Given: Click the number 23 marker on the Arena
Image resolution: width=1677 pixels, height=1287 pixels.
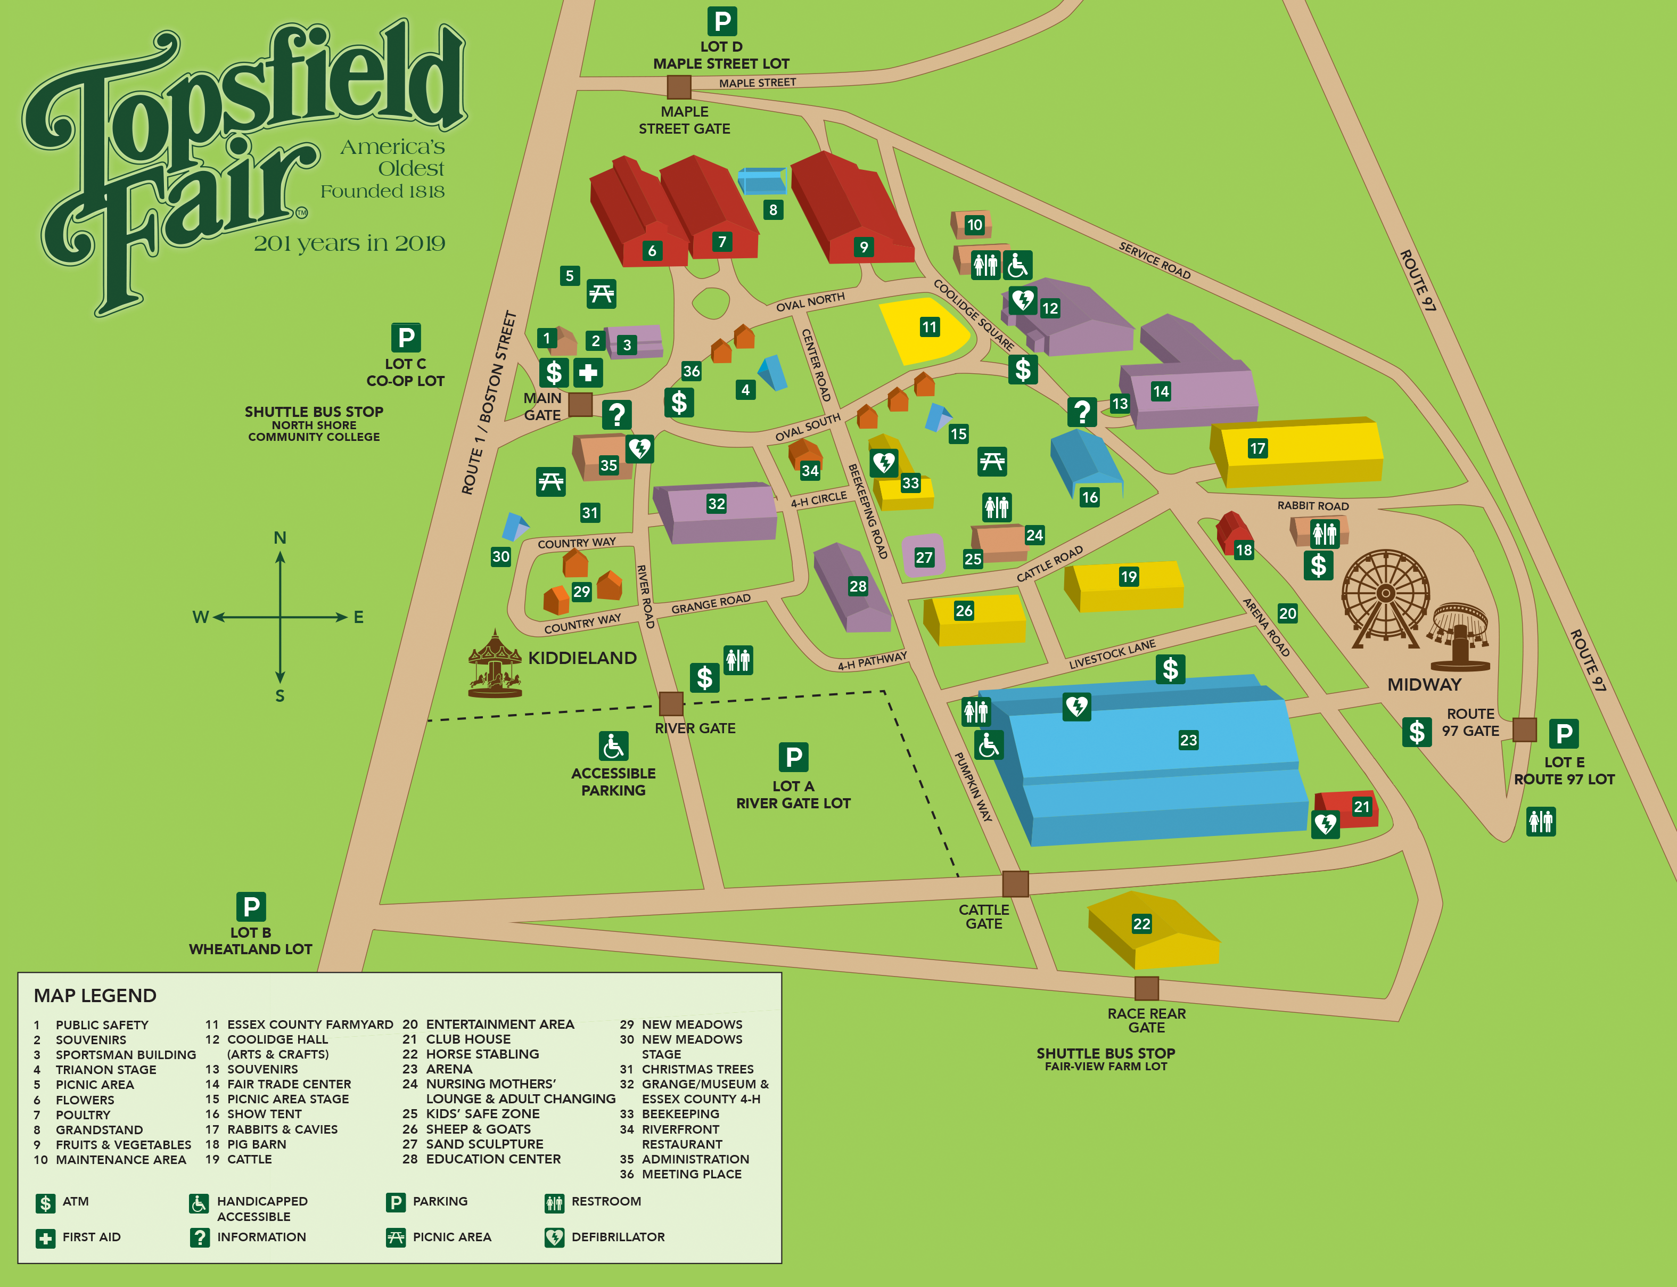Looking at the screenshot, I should pyautogui.click(x=1188, y=740).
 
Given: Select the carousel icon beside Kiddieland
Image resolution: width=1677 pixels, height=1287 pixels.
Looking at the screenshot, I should pyautogui.click(x=495, y=664).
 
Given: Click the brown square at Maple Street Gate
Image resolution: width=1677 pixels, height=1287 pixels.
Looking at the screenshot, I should pyautogui.click(x=678, y=87).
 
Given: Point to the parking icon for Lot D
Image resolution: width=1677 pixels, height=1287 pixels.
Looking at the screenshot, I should pyautogui.click(x=721, y=21).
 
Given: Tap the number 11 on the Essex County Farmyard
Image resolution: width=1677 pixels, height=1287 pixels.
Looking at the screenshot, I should pyautogui.click(x=929, y=327).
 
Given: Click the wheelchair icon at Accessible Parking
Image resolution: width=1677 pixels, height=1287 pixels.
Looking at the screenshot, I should pyautogui.click(x=613, y=746).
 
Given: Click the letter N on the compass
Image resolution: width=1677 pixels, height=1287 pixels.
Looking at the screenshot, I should pyautogui.click(x=280, y=538).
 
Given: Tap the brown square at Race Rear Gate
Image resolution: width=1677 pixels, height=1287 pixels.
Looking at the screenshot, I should pyautogui.click(x=1146, y=988).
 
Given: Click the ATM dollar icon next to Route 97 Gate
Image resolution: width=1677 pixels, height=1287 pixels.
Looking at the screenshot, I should pyautogui.click(x=1417, y=732).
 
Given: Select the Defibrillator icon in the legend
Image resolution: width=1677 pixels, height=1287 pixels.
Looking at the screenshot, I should pyautogui.click(x=554, y=1237).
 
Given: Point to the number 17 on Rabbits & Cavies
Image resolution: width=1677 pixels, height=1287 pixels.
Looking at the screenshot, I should pyautogui.click(x=1257, y=448).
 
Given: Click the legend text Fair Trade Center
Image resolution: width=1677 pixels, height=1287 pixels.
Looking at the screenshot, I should pyautogui.click(x=289, y=1084).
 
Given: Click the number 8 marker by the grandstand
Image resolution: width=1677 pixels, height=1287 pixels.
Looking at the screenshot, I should pyautogui.click(x=772, y=209).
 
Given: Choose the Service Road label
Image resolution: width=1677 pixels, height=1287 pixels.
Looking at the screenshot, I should pyautogui.click(x=1154, y=260).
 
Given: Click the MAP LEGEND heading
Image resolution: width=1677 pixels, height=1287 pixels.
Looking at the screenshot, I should pyautogui.click(x=95, y=995).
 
